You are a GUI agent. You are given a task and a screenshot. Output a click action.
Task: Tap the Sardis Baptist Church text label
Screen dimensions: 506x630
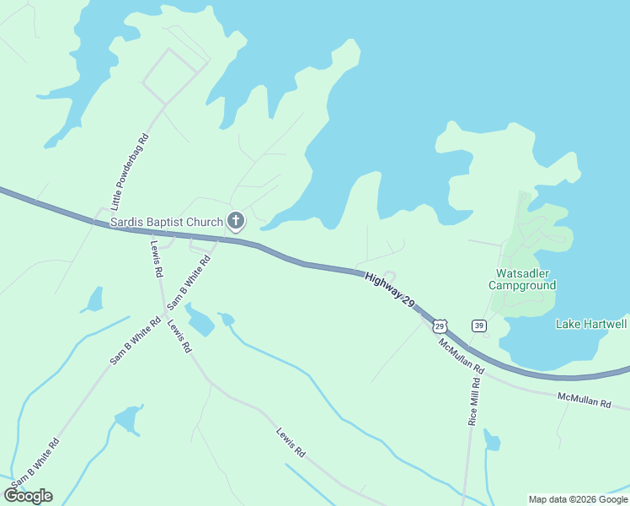click(167, 223)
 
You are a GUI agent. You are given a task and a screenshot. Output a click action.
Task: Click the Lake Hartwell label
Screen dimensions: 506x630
click(591, 324)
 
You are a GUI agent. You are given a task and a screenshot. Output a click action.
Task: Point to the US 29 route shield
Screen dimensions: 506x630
click(440, 326)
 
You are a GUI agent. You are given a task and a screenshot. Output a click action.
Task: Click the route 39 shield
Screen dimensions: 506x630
click(479, 326)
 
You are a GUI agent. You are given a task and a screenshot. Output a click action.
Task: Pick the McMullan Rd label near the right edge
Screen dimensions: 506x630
click(583, 400)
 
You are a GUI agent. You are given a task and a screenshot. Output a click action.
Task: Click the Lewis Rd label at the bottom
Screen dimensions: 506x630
click(290, 443)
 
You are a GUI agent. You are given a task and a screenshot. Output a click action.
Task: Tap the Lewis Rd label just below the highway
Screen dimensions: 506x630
click(157, 259)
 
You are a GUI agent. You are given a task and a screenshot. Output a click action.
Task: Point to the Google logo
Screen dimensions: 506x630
click(29, 496)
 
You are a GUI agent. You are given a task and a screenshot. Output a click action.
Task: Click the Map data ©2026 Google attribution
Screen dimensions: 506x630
click(578, 499)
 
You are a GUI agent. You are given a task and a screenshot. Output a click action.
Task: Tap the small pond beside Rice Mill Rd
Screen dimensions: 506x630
click(492, 440)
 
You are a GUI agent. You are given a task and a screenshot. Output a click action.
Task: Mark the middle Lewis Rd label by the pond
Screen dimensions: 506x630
click(179, 336)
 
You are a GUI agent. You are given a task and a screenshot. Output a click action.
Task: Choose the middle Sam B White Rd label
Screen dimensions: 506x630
click(135, 341)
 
